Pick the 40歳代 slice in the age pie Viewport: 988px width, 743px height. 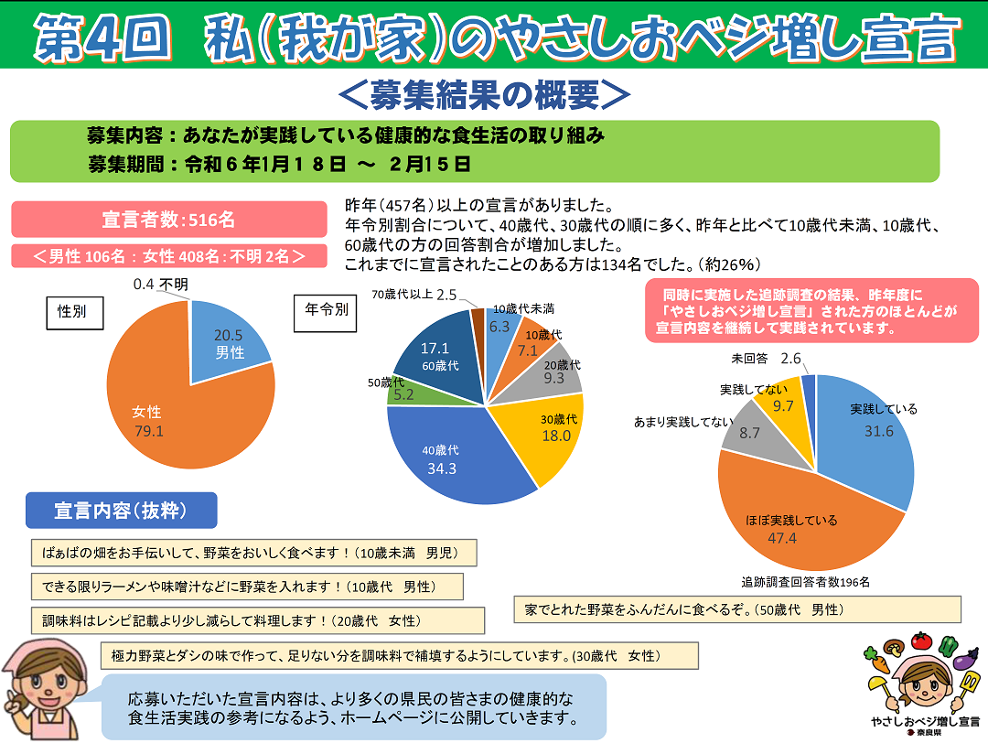click(x=448, y=458)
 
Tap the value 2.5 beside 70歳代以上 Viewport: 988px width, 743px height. click(x=446, y=295)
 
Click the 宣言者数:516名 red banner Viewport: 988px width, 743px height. click(x=169, y=220)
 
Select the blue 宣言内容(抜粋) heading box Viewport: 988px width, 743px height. click(x=122, y=511)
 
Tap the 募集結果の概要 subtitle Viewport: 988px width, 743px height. click(x=485, y=93)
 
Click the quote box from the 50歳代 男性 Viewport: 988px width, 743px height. click(x=737, y=609)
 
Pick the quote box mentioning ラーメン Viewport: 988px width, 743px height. click(x=246, y=587)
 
